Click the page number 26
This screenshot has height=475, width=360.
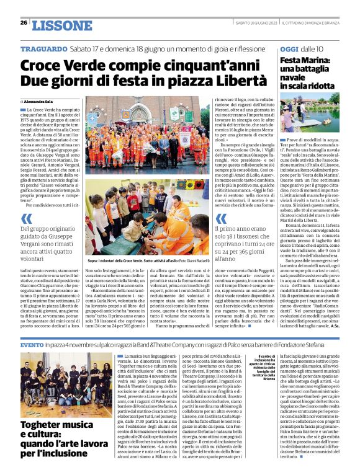point(24,23)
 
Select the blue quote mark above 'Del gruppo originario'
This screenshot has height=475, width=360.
point(27,218)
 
